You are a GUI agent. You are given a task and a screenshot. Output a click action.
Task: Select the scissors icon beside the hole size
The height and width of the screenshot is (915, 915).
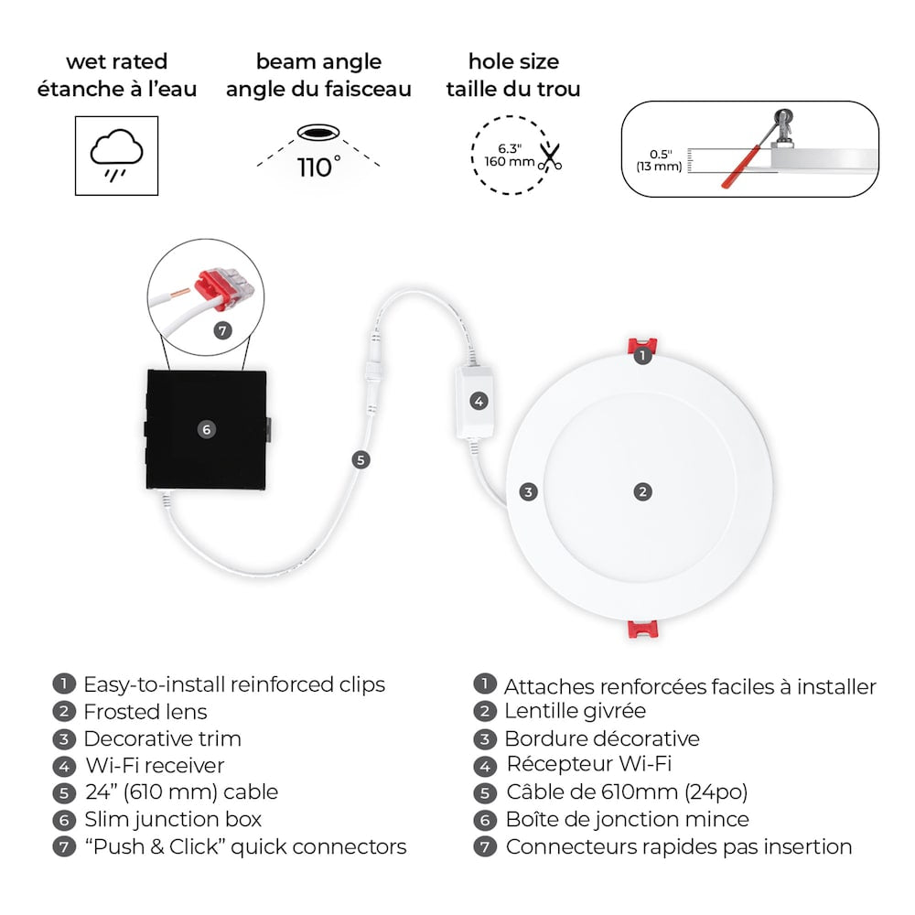549,156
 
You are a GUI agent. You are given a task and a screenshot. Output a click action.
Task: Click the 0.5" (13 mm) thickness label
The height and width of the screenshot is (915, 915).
660,160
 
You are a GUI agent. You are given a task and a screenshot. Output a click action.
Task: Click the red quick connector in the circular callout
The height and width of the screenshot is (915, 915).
222,280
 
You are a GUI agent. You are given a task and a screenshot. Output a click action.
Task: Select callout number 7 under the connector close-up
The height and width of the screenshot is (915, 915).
223,330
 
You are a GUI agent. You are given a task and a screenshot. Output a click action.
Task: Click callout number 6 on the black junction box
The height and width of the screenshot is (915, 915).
208,428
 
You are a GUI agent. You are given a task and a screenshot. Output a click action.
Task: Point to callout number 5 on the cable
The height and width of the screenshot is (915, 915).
361,459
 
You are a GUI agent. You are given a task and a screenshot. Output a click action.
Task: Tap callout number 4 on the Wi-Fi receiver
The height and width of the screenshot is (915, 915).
479,401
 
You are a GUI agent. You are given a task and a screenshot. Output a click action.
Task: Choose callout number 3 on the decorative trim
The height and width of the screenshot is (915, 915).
528,492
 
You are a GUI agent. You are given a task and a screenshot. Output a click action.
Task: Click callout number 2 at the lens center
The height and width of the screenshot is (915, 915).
643,491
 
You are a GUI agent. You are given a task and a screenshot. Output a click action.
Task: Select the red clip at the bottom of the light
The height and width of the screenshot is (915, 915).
642,630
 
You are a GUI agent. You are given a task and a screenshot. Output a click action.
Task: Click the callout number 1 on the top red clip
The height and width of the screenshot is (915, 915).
643,354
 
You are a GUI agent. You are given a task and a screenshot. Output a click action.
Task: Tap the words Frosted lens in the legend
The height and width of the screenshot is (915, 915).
145,712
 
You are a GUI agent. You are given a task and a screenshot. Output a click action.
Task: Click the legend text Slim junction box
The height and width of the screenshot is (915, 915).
172,819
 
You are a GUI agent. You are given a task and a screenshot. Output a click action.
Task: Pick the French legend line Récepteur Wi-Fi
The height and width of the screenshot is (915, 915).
588,765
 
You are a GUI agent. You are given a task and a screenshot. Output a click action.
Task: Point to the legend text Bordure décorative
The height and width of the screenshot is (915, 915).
601,738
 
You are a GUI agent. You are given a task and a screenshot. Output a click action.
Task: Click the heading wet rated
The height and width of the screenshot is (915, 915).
116,62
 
